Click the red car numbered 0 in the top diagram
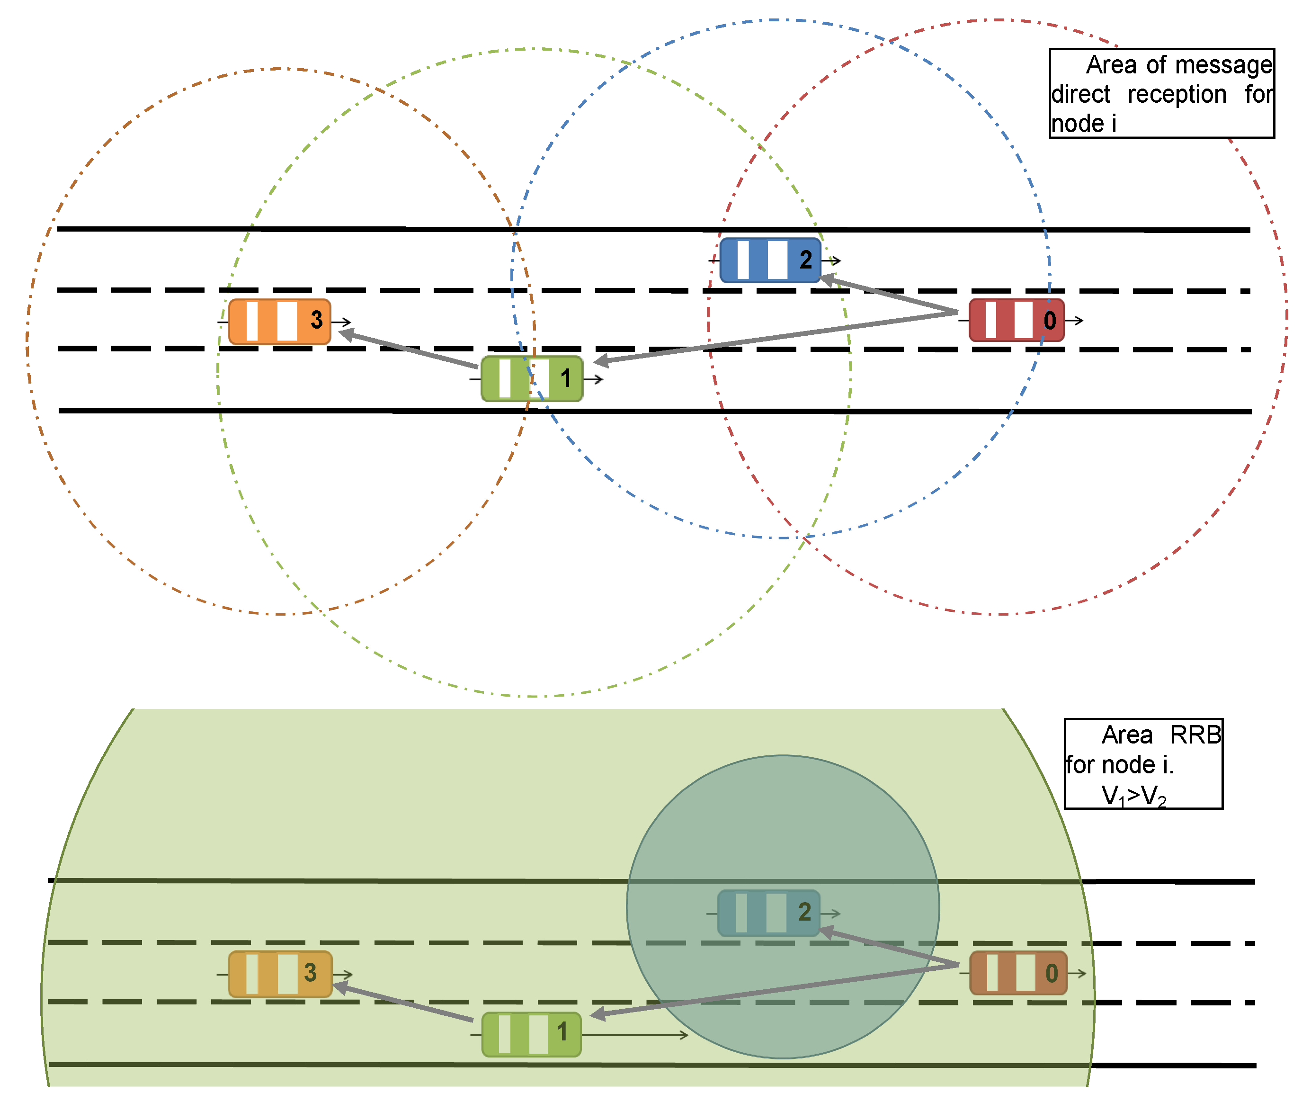(x=1016, y=321)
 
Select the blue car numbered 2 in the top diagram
(x=770, y=260)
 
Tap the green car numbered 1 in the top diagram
(x=532, y=378)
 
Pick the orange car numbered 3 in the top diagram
(x=280, y=322)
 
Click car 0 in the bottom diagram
(x=1018, y=973)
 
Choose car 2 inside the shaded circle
(x=768, y=913)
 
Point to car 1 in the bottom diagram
(x=531, y=1034)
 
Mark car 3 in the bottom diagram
(x=280, y=974)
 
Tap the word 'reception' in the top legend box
(x=1177, y=94)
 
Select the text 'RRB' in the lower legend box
(x=1195, y=735)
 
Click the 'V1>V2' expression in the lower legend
(x=1133, y=796)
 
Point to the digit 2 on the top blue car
(x=805, y=260)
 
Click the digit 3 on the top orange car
(x=317, y=320)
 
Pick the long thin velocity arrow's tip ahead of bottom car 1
(x=685, y=1034)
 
